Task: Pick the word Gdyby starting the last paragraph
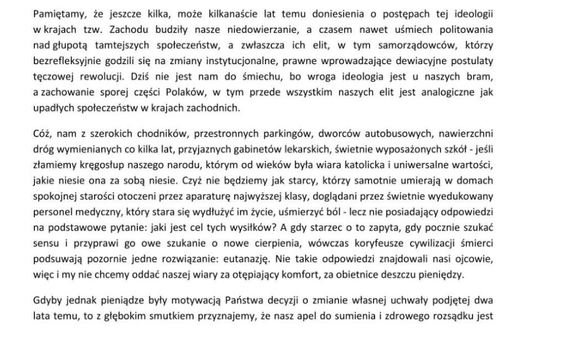point(62,300)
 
